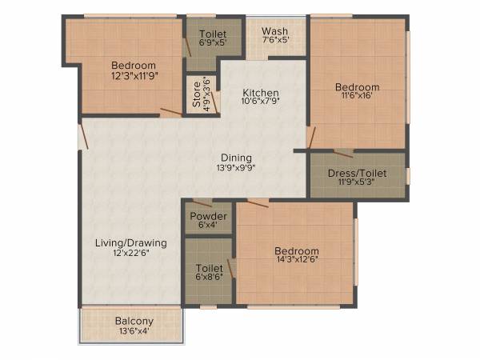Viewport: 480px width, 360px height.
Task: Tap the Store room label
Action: (196, 95)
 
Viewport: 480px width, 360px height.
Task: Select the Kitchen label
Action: (262, 91)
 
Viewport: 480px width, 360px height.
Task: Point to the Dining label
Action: (237, 158)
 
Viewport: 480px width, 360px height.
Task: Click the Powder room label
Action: (208, 217)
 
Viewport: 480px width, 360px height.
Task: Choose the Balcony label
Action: (134, 321)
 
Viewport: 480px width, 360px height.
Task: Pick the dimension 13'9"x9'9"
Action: (236, 168)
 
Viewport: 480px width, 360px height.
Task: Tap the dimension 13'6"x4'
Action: (134, 331)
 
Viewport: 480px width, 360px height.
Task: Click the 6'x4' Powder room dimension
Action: (208, 227)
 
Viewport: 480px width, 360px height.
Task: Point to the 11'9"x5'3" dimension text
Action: (357, 182)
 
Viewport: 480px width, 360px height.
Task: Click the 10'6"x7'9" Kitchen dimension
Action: (262, 102)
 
